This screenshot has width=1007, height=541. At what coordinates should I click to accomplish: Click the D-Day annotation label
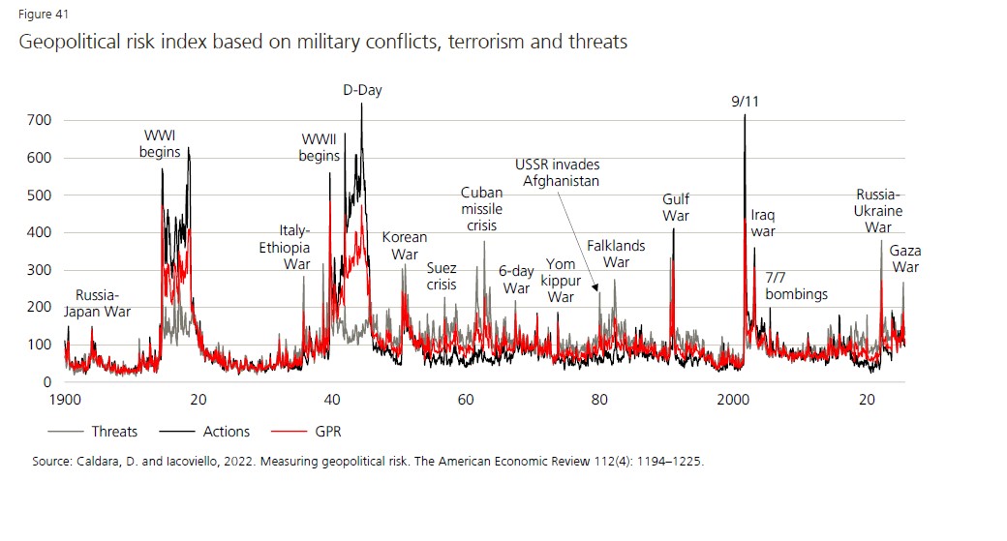point(363,90)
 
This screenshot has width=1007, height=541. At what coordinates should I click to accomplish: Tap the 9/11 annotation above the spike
point(745,101)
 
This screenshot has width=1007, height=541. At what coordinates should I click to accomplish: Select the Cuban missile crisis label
point(479,209)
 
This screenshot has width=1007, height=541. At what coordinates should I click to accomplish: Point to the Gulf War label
point(676,208)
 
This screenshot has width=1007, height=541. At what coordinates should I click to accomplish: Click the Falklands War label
point(616,255)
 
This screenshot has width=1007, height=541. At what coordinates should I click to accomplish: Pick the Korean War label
point(404,246)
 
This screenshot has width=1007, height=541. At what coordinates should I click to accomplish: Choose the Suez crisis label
point(442,276)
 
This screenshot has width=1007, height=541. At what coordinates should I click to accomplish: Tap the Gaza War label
point(905,259)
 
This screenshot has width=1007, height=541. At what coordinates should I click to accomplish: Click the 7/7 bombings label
point(796,286)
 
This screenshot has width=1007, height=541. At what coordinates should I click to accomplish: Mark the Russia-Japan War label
point(97,303)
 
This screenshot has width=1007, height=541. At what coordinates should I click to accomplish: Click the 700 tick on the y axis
point(40,120)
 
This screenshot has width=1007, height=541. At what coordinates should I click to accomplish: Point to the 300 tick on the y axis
point(40,270)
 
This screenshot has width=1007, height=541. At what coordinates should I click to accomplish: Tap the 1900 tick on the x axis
point(65,399)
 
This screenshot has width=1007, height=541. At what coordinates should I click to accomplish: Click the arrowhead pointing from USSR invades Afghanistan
point(597,287)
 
